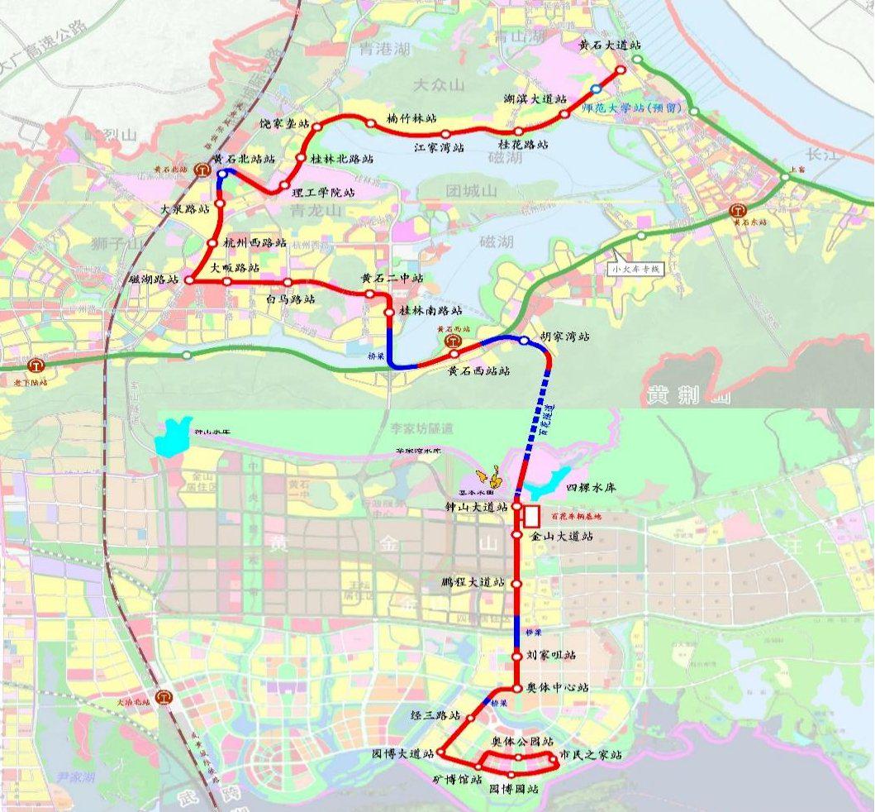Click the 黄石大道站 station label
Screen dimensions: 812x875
click(610, 45)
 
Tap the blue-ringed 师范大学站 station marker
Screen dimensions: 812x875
click(596, 88)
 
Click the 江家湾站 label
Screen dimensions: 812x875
click(439, 148)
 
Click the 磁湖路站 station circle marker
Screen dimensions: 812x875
click(189, 280)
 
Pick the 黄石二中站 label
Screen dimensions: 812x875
click(392, 279)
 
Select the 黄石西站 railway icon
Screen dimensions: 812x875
click(452, 339)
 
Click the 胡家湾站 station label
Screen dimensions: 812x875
click(565, 337)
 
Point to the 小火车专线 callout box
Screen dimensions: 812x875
click(636, 269)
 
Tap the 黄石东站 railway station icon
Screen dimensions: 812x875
click(738, 212)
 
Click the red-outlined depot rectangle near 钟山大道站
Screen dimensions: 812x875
click(531, 517)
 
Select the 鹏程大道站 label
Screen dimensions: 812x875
click(473, 583)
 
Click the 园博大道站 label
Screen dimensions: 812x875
click(403, 754)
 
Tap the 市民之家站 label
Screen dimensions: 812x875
click(590, 755)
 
